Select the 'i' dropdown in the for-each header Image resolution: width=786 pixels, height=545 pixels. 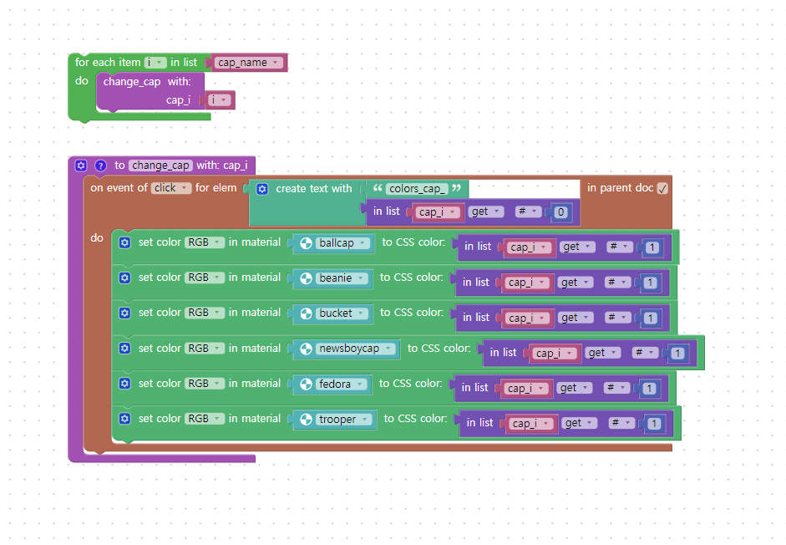(155, 63)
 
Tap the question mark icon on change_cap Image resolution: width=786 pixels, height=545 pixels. (101, 166)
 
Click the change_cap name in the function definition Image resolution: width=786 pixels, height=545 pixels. (160, 166)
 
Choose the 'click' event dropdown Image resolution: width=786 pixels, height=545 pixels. (171, 188)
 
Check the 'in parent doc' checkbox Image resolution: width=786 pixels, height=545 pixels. (662, 189)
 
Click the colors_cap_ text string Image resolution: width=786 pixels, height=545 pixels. (417, 189)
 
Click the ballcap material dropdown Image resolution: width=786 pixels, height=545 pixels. (334, 243)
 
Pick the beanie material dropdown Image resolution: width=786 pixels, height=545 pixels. (332, 278)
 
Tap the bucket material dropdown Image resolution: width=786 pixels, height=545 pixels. (332, 313)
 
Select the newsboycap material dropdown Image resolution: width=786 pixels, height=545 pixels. (347, 349)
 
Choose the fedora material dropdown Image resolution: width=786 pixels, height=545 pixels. (332, 385)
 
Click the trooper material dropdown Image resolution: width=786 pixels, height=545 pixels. (335, 420)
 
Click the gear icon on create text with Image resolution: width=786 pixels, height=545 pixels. (262, 189)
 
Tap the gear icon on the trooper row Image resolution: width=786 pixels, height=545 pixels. (124, 419)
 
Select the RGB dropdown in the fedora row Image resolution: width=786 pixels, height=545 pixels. (205, 384)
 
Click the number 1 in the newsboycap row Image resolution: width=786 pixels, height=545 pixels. (677, 354)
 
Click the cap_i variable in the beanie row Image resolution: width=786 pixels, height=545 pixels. (525, 283)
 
